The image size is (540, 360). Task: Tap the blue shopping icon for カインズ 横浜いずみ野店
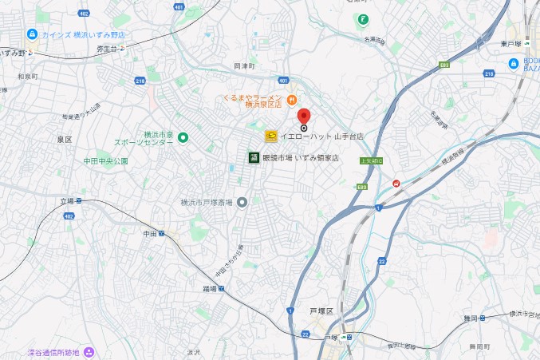point(31,34)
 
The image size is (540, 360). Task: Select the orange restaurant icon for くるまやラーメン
point(292,99)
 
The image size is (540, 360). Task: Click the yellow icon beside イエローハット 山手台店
point(270,136)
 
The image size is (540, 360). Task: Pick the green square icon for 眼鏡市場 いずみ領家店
point(254,157)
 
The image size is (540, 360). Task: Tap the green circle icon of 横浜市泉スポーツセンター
point(182,138)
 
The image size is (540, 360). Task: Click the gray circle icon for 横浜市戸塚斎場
point(242,202)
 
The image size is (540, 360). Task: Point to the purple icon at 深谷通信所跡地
point(89,351)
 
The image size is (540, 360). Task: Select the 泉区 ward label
point(65,140)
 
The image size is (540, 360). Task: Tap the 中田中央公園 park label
point(105,161)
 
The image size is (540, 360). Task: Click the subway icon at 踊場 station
point(221,289)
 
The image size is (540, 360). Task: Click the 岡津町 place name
point(243,65)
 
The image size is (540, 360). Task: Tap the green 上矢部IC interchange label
point(372,160)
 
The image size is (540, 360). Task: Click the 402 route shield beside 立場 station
point(69,216)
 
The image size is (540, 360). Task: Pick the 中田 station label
point(150,234)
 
